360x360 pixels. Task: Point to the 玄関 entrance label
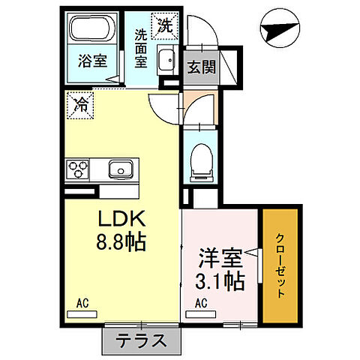pyautogui.click(x=200, y=66)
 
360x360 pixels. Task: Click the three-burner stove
pyautogui.click(x=77, y=169)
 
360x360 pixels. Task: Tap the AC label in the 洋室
pyautogui.click(x=201, y=303)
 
